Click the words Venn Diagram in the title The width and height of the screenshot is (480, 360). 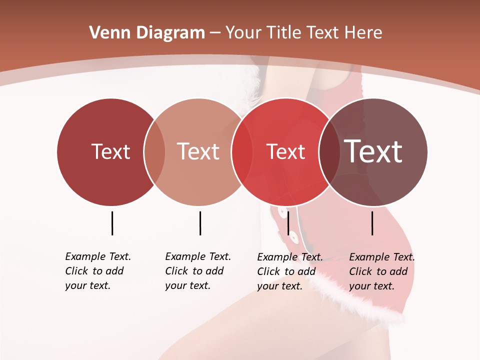(147, 33)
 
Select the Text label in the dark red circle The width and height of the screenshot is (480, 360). (110, 151)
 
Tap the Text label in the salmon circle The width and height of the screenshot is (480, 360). (198, 151)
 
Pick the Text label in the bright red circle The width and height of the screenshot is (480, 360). (285, 151)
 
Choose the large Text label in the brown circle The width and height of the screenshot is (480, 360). (373, 151)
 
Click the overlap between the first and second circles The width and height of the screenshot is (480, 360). (154, 152)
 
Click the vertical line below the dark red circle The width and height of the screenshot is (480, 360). (112, 223)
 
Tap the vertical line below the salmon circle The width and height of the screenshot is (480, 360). (200, 223)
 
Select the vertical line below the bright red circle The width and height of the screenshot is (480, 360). (288, 223)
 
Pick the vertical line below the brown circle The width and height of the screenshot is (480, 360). (372, 223)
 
